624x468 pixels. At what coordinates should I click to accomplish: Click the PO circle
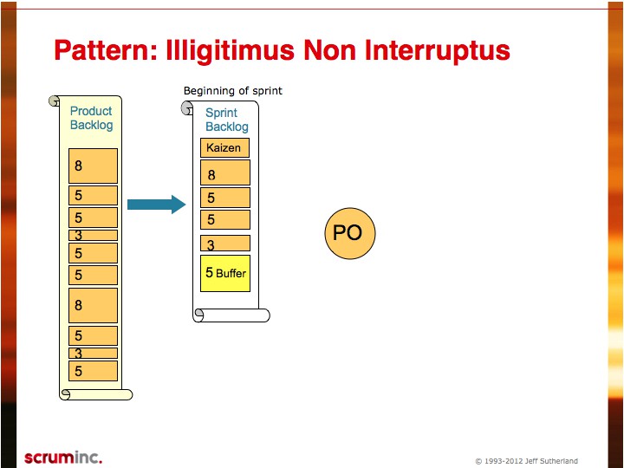[x=350, y=233]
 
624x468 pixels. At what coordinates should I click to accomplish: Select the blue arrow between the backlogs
[x=156, y=205]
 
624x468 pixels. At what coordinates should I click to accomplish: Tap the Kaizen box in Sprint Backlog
[x=224, y=147]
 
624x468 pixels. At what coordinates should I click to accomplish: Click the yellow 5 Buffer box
[x=225, y=273]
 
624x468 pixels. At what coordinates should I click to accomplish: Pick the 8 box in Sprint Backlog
[x=225, y=172]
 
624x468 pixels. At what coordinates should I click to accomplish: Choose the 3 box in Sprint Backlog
[x=225, y=244]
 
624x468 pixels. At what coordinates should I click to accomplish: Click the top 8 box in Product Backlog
[x=93, y=166]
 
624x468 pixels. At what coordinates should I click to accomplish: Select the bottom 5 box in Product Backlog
[x=93, y=371]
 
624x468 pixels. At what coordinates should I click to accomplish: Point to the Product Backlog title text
[x=92, y=118]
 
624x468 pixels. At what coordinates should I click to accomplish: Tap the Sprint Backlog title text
[x=227, y=120]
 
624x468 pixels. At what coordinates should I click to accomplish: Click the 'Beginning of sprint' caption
[x=233, y=91]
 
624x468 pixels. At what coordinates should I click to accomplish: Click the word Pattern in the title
[x=106, y=50]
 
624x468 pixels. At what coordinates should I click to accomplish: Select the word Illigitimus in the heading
[x=231, y=51]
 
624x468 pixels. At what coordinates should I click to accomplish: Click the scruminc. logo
[x=63, y=458]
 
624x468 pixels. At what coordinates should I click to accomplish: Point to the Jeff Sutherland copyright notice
[x=527, y=461]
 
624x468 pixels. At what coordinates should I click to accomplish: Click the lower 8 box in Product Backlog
[x=93, y=305]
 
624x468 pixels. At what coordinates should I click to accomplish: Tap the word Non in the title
[x=330, y=50]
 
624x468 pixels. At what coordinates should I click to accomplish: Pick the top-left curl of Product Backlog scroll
[x=54, y=101]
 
